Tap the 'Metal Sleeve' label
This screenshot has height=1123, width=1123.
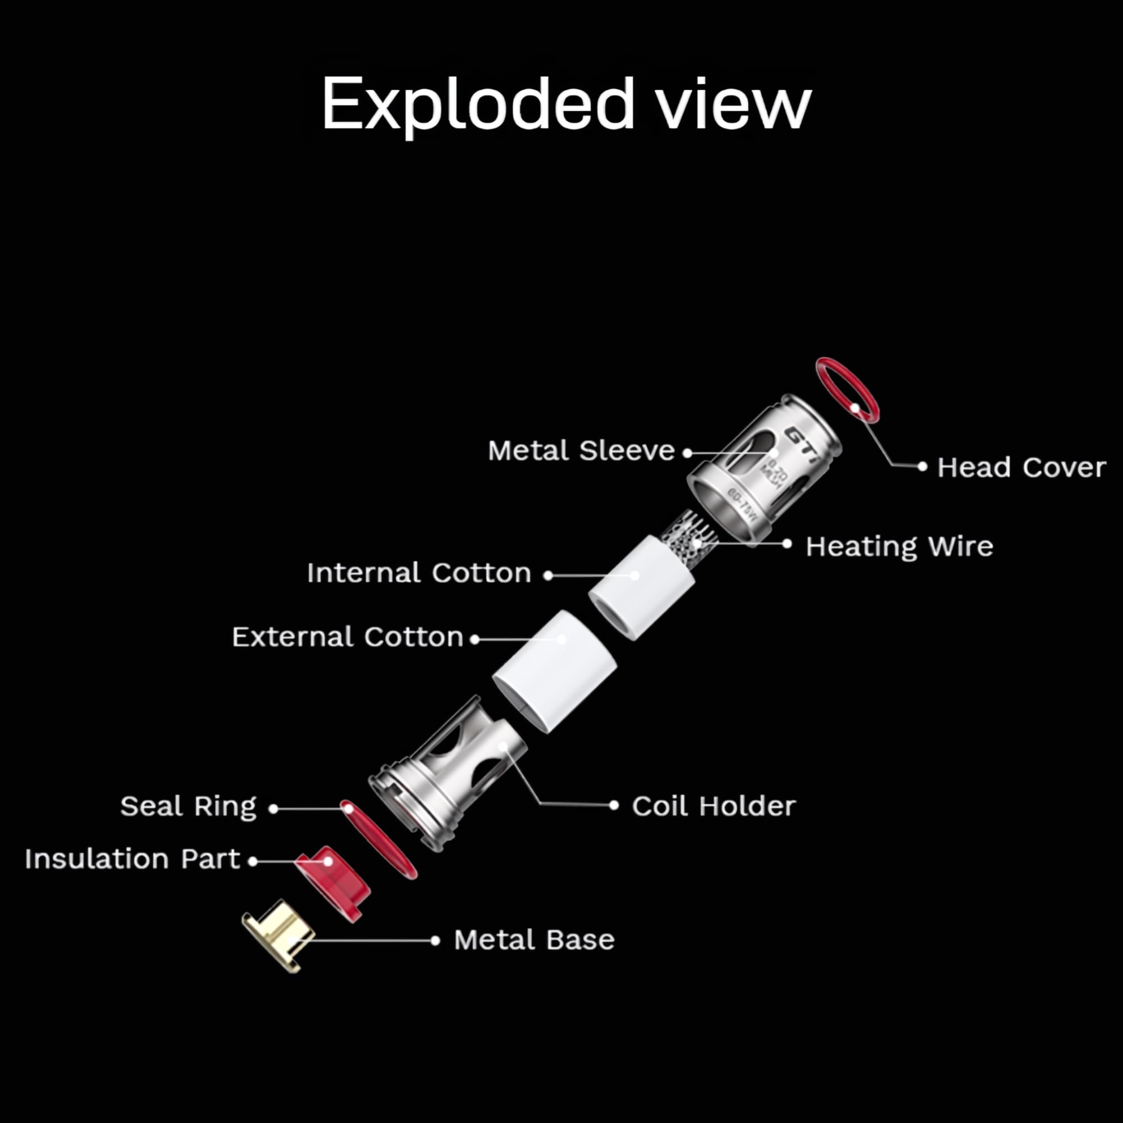pos(581,450)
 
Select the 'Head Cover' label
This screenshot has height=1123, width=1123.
pos(1021,467)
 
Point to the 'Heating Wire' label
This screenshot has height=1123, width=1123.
pos(898,546)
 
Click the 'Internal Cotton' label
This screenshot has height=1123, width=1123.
pos(418,573)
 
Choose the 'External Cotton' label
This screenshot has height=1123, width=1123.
pos(347,637)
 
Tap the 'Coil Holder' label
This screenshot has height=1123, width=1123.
pos(713,806)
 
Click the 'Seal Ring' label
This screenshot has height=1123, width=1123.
pos(188,806)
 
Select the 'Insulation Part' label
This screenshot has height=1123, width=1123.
pos(132,859)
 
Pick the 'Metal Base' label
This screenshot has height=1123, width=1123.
pos(533,940)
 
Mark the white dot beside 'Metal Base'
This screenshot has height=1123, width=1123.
pos(435,941)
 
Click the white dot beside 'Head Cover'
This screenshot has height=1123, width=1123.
pos(922,466)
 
